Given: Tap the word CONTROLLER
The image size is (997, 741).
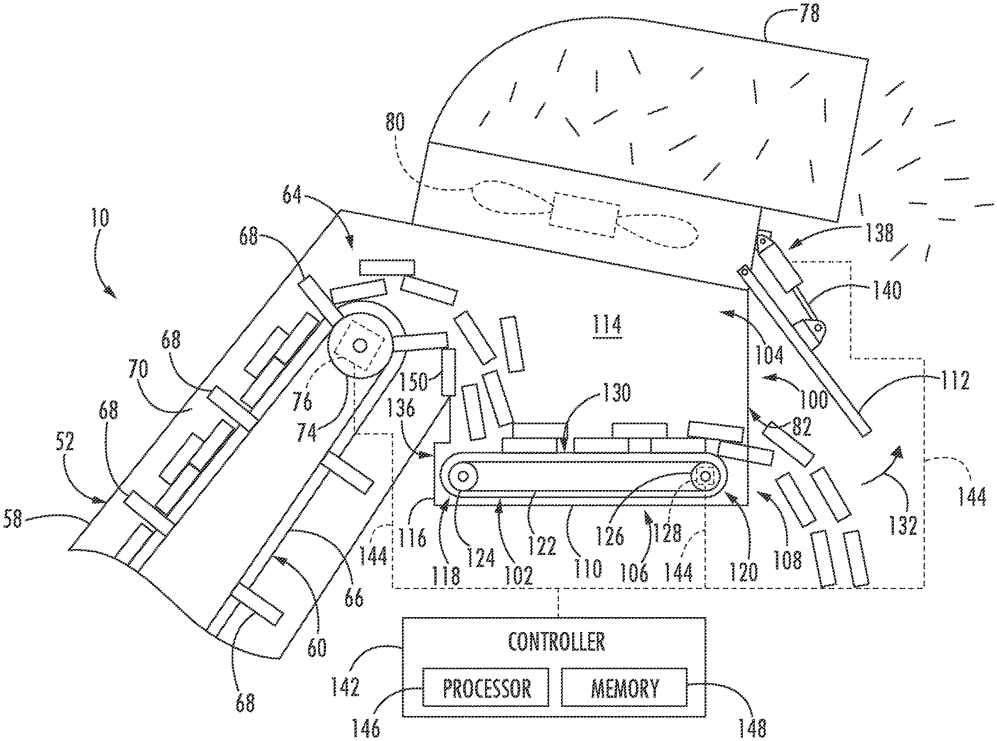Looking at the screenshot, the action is (x=556, y=642).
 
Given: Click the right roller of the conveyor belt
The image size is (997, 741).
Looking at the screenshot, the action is (x=706, y=476).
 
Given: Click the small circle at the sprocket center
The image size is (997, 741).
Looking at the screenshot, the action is (x=360, y=346).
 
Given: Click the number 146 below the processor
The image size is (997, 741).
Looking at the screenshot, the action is (x=367, y=728).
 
